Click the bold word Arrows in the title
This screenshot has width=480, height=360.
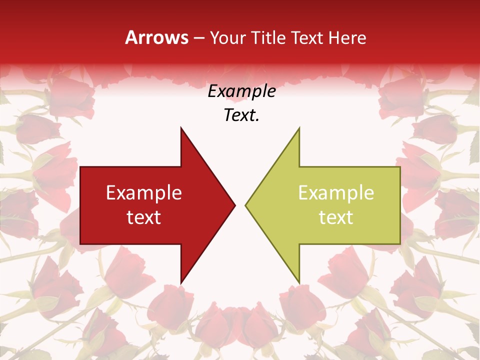tap(157, 37)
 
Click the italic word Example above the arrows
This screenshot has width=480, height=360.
tap(241, 91)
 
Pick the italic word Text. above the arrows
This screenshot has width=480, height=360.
tap(241, 115)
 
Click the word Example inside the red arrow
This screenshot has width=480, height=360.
tap(144, 192)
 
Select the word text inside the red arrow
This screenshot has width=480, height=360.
tap(144, 217)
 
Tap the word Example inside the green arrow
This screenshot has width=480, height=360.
tap(336, 192)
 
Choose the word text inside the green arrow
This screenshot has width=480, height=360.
tap(336, 217)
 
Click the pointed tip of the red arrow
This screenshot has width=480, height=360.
tap(235, 205)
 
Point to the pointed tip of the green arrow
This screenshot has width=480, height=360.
tap(245, 205)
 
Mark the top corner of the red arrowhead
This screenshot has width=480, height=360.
tap(181, 127)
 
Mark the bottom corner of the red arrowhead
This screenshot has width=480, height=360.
tap(181, 283)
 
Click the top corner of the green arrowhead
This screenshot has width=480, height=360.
tap(299, 127)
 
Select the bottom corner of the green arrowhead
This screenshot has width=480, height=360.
tap(299, 283)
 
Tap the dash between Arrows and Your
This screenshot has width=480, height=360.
tap(199, 38)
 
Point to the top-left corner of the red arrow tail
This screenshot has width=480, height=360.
tap(80, 167)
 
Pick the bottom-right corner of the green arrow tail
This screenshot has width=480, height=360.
tap(400, 244)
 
